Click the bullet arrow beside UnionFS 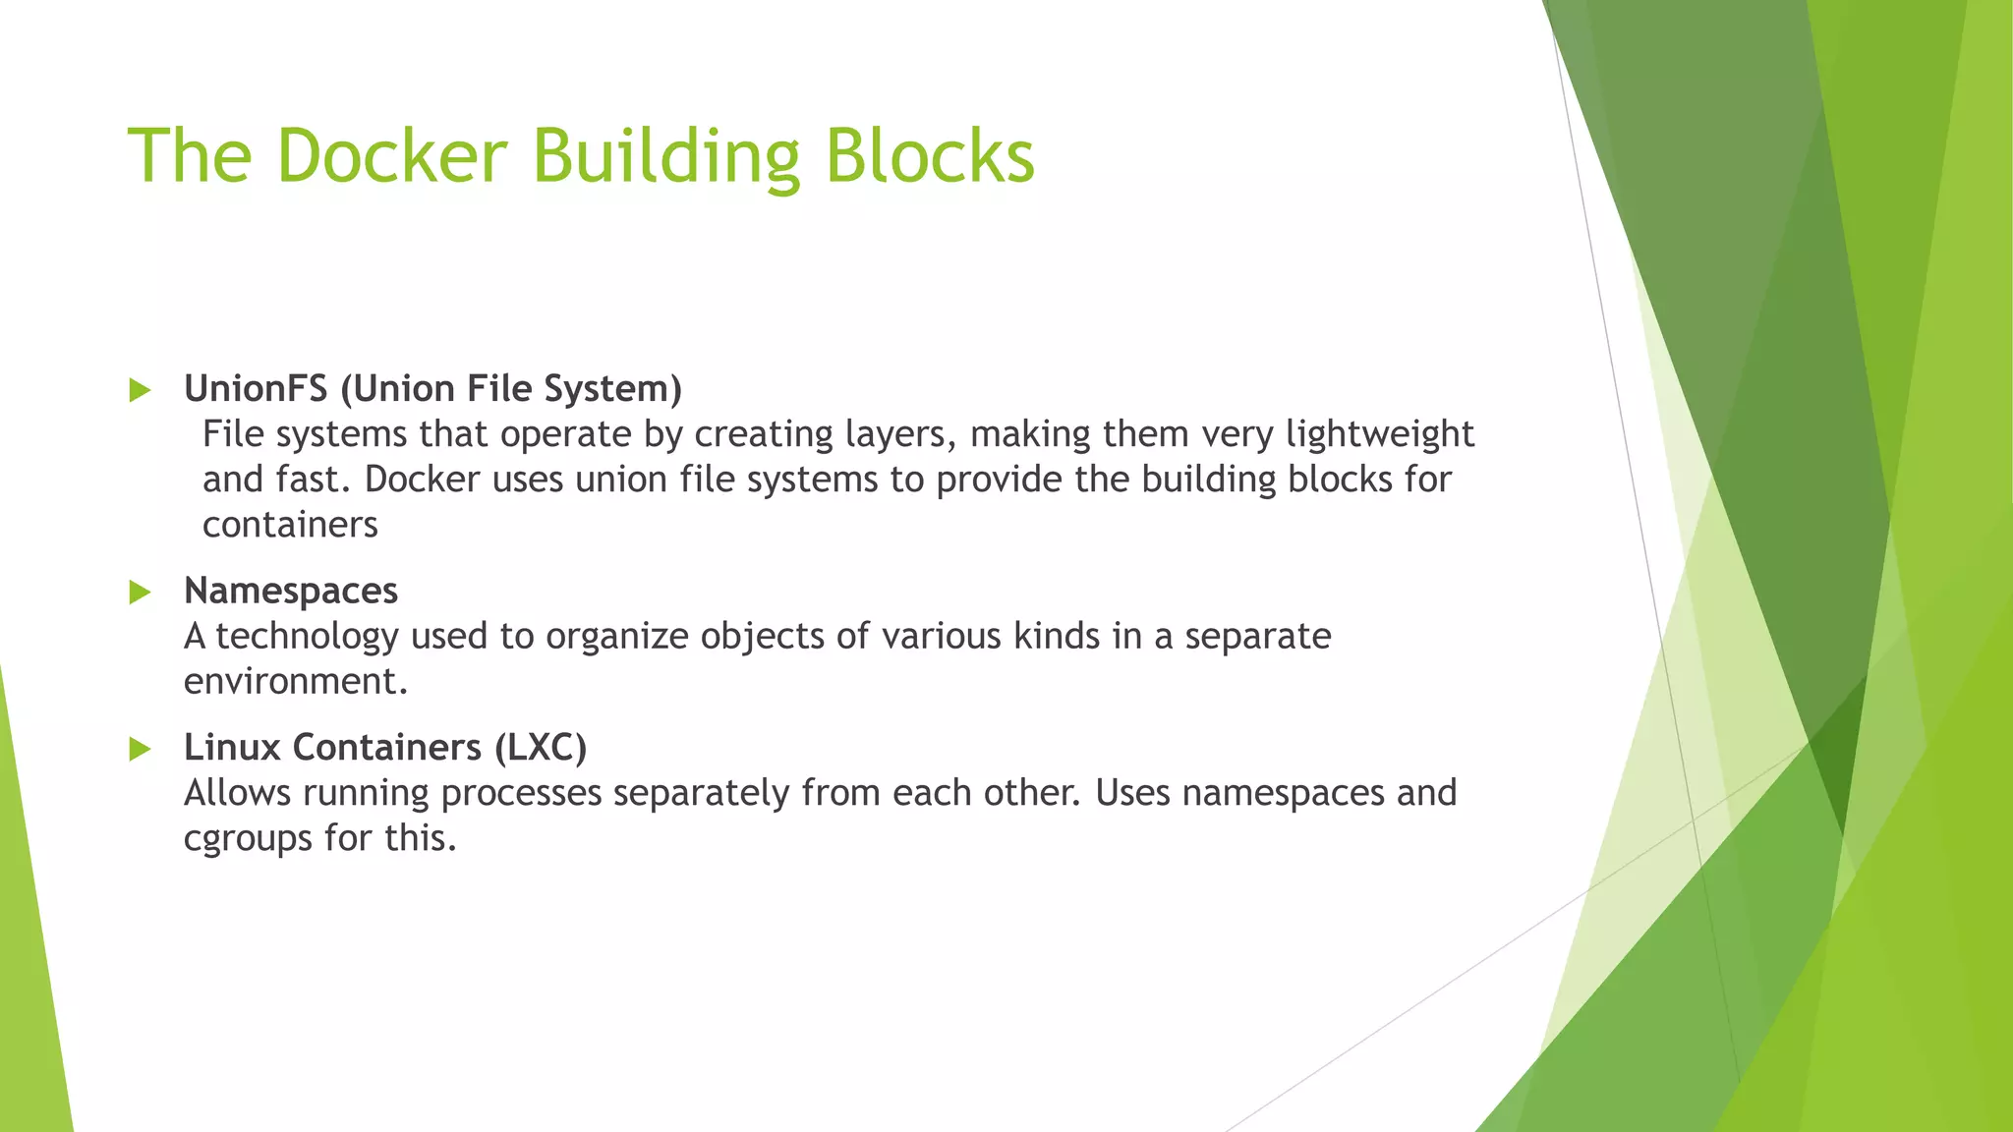140,390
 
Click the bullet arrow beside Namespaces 140,592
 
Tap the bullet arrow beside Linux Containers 140,749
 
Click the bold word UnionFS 256,389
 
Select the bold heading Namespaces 291,592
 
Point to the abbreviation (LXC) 540,748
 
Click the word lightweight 1380,434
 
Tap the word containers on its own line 290,525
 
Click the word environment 295,681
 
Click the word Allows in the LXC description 237,793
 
